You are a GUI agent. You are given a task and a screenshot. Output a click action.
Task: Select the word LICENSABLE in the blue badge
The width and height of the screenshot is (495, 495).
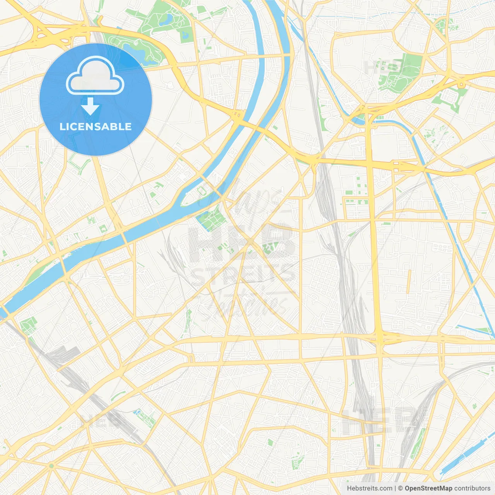(96, 126)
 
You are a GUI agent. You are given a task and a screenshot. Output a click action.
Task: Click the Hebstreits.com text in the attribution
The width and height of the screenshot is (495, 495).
(369, 488)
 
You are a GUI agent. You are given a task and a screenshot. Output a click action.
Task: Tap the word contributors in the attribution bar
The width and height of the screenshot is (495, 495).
(472, 488)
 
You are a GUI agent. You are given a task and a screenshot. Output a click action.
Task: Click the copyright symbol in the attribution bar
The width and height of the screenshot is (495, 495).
(400, 488)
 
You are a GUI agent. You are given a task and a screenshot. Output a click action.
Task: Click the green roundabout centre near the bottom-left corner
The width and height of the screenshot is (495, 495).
(51, 466)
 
